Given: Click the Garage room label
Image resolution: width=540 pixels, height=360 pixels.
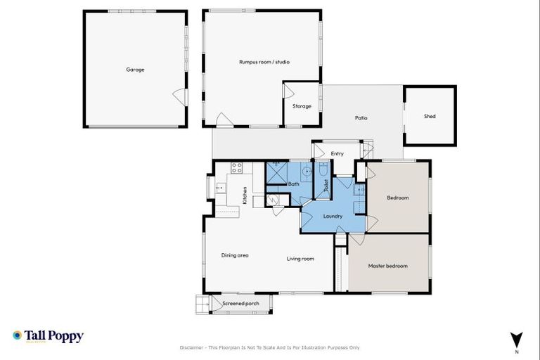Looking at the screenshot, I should coord(135,70).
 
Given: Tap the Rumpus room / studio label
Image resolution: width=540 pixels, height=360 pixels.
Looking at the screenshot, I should coord(264,62).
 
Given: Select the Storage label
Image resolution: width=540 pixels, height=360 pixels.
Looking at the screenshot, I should coord(302,106).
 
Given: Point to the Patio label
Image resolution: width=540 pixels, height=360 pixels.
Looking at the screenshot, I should coord(361,118).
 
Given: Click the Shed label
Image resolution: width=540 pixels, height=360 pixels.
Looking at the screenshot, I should coord(430,116).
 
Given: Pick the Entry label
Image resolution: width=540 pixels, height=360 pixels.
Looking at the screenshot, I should coord(337,153).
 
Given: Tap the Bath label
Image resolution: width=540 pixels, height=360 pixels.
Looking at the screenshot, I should coord(294,184).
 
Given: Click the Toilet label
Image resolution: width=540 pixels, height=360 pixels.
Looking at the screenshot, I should coord(326,186).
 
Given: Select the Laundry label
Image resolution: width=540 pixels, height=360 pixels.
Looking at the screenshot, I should coord(333,216).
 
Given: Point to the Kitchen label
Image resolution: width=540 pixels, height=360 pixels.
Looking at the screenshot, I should coord(245,194).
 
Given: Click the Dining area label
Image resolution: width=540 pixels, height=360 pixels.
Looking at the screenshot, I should coord(235,255).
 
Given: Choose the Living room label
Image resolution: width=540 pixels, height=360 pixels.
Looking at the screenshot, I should coord(300,259).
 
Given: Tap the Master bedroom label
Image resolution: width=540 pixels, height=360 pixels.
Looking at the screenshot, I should coord(388,266).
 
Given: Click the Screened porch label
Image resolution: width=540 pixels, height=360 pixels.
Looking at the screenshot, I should coord(240,304).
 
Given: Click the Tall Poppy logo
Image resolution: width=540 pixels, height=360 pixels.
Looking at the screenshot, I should coord(48,336).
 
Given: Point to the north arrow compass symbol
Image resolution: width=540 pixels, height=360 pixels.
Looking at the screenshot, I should coord(517,340).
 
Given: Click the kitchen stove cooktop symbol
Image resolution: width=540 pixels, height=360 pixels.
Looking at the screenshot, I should coord(237,168).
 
